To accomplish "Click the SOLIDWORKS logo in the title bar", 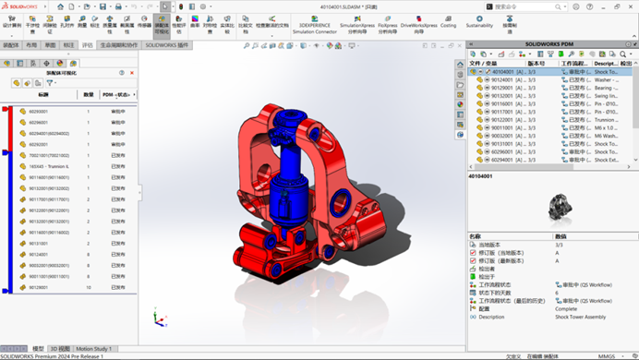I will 21,5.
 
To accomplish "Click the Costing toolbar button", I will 448,22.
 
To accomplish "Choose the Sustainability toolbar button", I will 479,22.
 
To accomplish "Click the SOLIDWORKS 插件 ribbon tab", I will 167,44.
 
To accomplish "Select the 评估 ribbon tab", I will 87,44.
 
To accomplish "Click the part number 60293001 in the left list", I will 38,111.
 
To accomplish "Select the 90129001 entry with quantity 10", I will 38,287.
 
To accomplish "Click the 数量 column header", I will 89,94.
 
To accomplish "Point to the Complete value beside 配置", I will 567,308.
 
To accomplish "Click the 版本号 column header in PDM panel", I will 537,63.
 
